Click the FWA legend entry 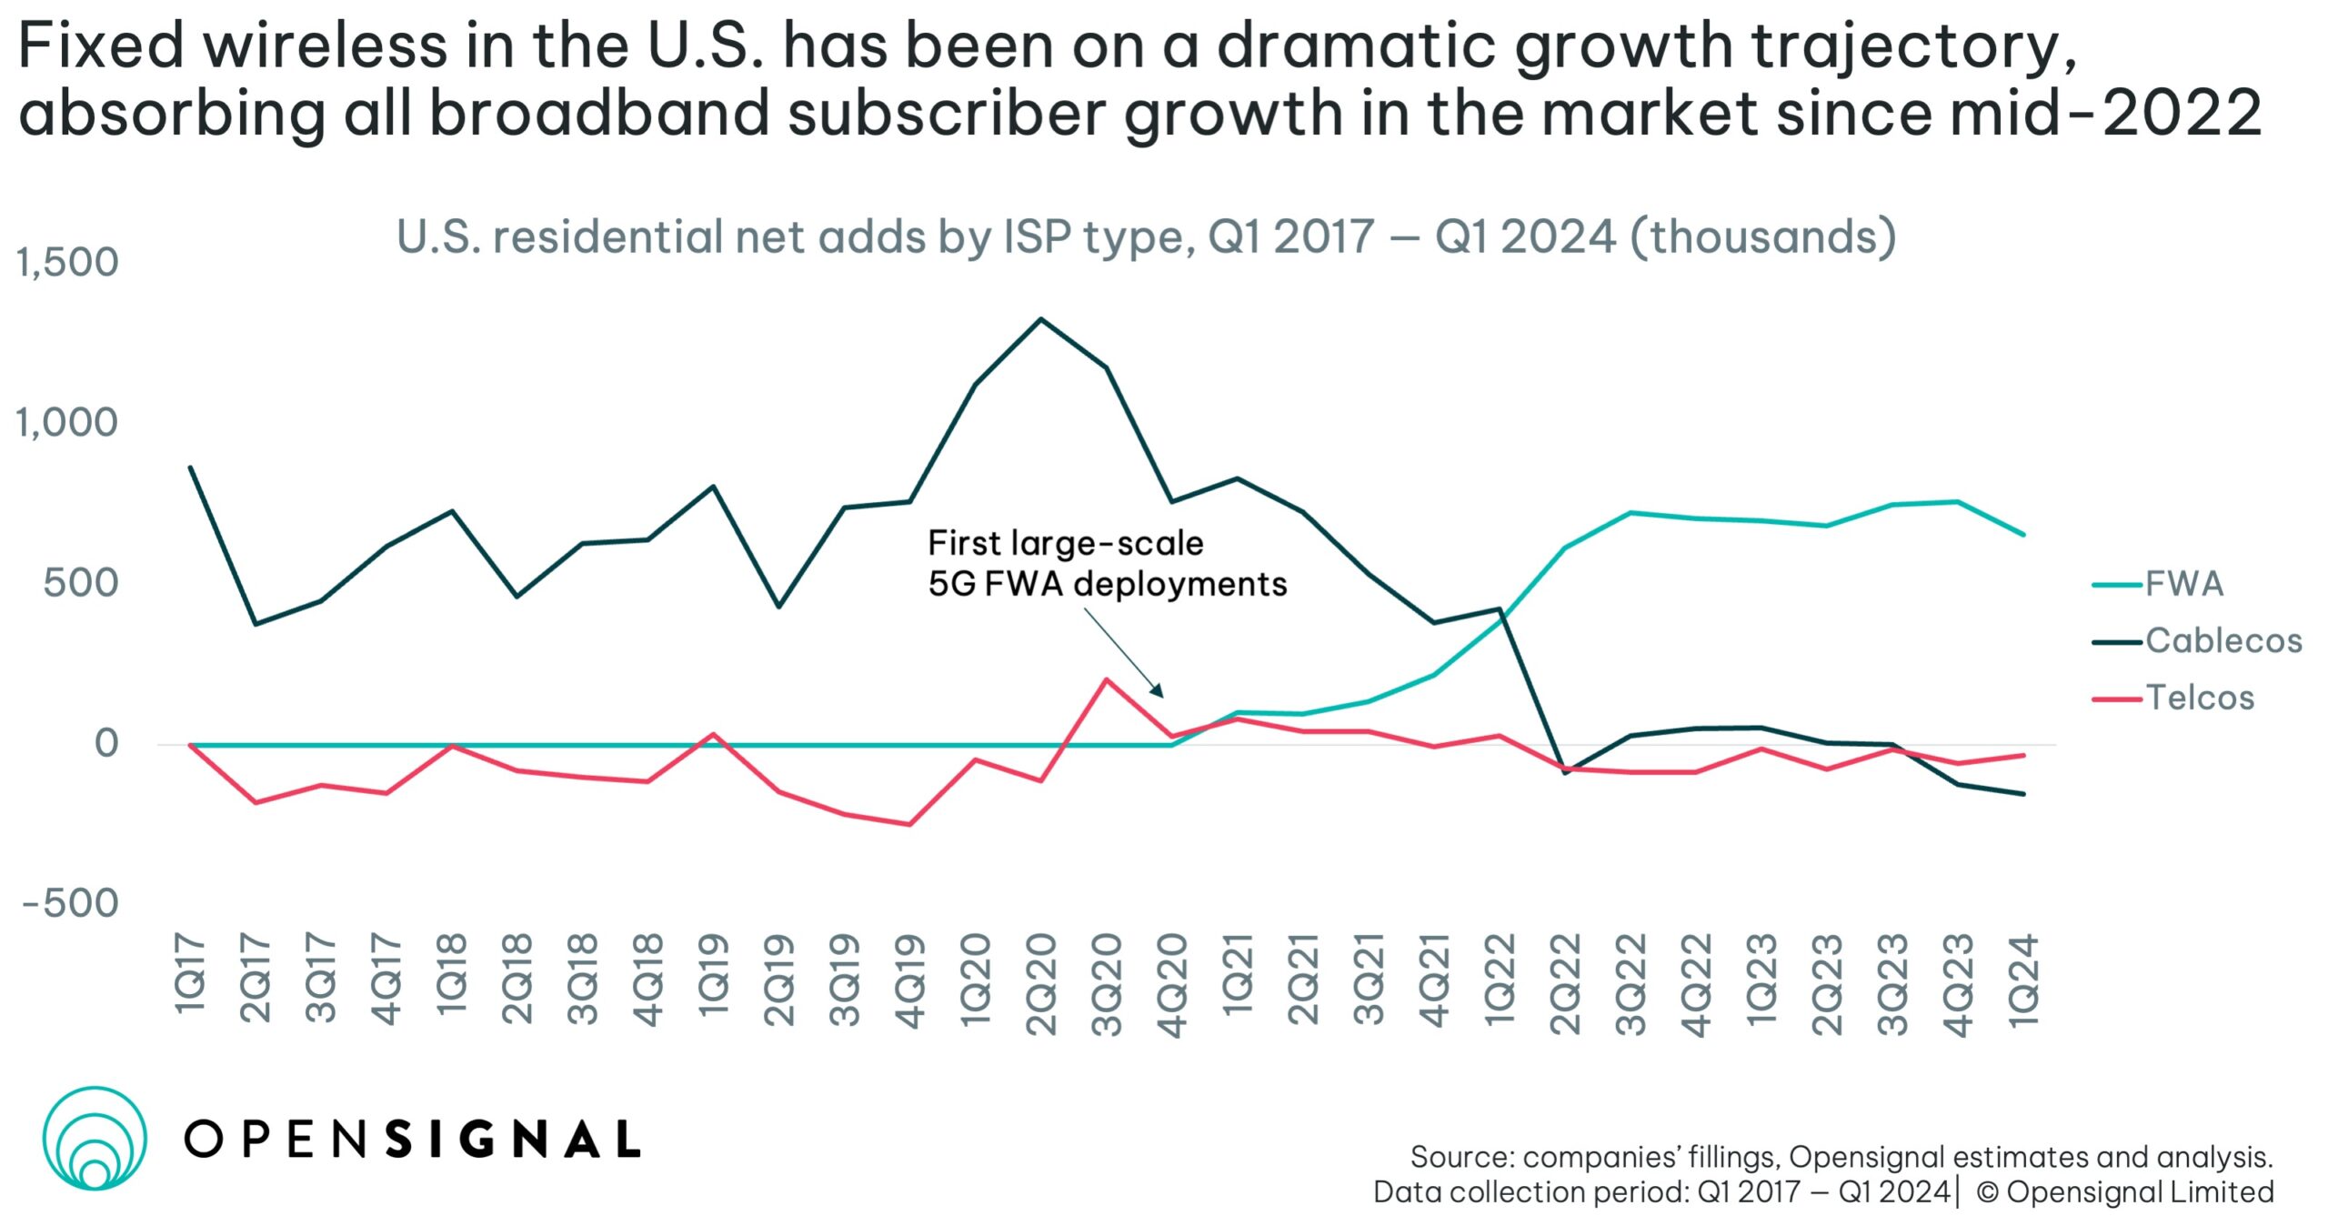pyautogui.click(x=2183, y=584)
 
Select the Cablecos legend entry pyautogui.click(x=2223, y=641)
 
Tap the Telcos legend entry pyautogui.click(x=2200, y=698)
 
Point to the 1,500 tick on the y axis pyautogui.click(x=67, y=263)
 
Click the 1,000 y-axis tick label pyautogui.click(x=67, y=423)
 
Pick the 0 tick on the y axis pyautogui.click(x=106, y=744)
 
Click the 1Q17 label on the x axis pyautogui.click(x=190, y=972)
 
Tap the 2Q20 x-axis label pyautogui.click(x=1041, y=984)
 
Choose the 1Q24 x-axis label pyautogui.click(x=2023, y=980)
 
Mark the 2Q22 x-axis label pyautogui.click(x=1565, y=984)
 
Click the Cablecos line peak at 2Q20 pyautogui.click(x=1041, y=319)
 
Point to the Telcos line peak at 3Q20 pyautogui.click(x=1106, y=679)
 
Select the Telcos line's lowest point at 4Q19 pyautogui.click(x=909, y=825)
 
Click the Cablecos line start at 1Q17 pyautogui.click(x=190, y=467)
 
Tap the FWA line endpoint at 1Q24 pyautogui.click(x=2023, y=535)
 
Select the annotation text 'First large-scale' pyautogui.click(x=1065, y=544)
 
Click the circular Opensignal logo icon pyautogui.click(x=94, y=1138)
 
